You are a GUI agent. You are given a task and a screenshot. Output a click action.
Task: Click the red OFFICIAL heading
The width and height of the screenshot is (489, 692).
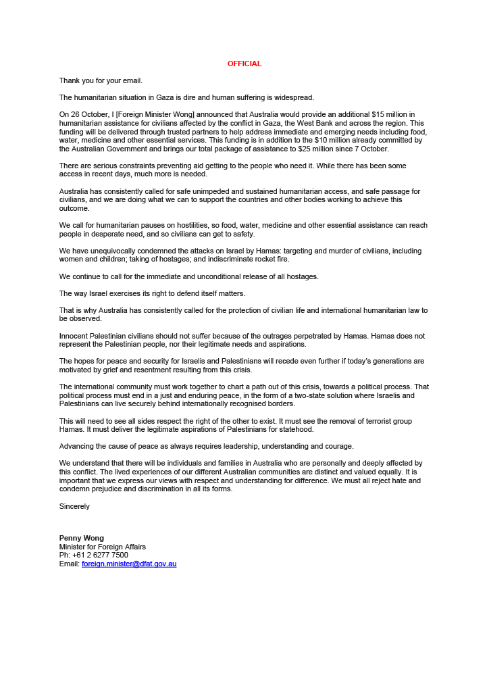point(244,64)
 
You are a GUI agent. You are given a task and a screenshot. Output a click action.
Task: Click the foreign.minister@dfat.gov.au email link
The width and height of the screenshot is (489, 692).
point(129,564)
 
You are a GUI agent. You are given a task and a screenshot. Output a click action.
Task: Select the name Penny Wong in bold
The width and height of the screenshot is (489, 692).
point(81,538)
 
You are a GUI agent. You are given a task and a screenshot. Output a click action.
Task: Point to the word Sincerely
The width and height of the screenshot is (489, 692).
point(74,506)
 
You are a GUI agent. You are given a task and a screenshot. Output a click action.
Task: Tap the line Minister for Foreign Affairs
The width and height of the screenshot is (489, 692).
point(103,547)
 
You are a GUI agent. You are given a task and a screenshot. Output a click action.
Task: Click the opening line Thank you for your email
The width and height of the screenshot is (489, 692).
point(101,81)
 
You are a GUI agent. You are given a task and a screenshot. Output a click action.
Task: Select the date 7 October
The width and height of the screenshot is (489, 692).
point(371,149)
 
